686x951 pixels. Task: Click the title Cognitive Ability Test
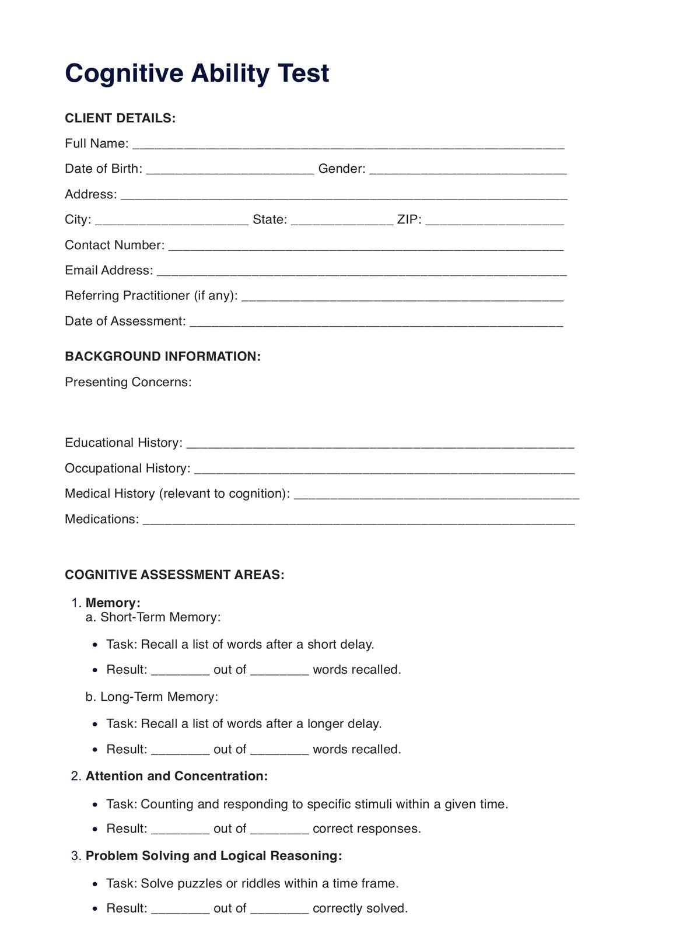(x=197, y=74)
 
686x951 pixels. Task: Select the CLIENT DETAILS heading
(x=120, y=118)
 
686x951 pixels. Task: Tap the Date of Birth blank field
(x=230, y=170)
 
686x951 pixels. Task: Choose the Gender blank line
(x=468, y=170)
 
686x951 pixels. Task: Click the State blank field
(x=342, y=221)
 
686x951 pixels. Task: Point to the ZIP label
(x=409, y=220)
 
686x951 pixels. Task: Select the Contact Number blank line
(x=366, y=246)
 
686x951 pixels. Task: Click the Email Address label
(x=109, y=271)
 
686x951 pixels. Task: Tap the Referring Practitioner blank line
(x=402, y=297)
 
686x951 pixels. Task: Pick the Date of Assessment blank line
(x=376, y=322)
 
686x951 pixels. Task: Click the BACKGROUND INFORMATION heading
(x=163, y=356)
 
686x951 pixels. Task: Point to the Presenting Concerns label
(x=128, y=382)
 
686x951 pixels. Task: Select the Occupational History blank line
(x=384, y=470)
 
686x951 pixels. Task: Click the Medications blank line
(x=359, y=520)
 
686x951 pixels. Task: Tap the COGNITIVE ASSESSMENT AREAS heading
(x=174, y=575)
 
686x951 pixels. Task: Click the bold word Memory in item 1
(x=113, y=603)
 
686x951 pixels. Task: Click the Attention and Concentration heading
(x=177, y=776)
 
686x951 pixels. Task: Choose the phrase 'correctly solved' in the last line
(x=360, y=908)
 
